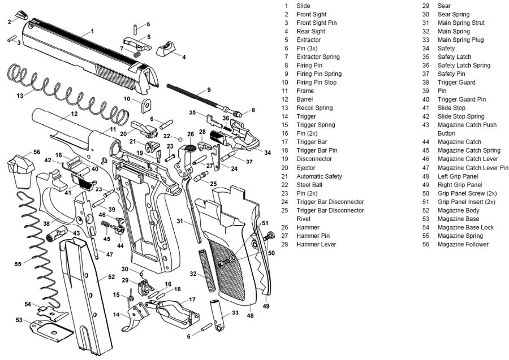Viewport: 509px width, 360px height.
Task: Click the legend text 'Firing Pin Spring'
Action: coord(319,74)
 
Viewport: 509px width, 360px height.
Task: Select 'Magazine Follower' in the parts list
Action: coord(463,244)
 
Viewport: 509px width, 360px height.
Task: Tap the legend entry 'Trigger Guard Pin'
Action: coord(461,99)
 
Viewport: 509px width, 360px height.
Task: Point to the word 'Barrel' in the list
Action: coord(304,99)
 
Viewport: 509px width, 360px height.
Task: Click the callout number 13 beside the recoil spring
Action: coord(20,96)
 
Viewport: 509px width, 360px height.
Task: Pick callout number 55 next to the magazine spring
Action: coord(18,264)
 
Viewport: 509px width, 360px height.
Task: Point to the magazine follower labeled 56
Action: coord(19,168)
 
